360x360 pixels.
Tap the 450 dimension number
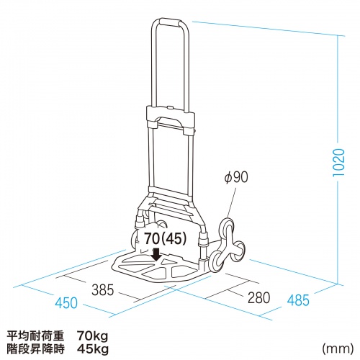coord(66,303)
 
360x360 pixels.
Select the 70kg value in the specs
coord(92,336)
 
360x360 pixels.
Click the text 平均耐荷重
coord(36,336)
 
